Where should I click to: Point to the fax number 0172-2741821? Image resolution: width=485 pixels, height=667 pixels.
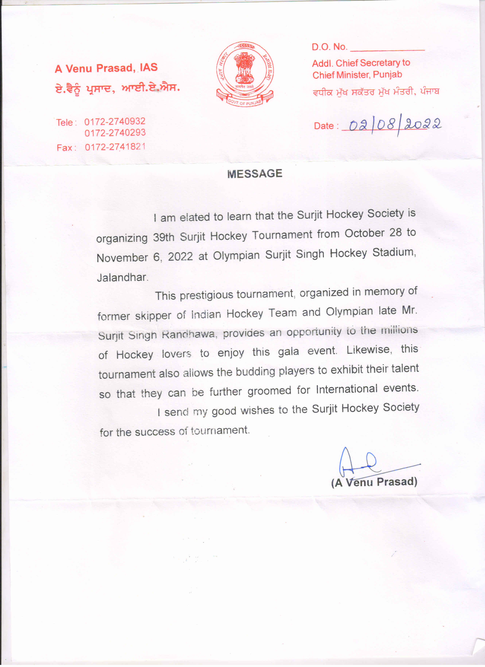click(x=115, y=147)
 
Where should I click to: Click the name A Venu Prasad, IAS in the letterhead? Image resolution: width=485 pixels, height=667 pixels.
click(x=106, y=68)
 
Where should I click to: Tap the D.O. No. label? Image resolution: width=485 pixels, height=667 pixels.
click(x=329, y=47)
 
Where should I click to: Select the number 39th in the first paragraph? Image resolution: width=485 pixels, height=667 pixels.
click(x=164, y=237)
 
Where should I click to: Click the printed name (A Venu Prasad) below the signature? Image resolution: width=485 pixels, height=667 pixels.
click(x=374, y=482)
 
